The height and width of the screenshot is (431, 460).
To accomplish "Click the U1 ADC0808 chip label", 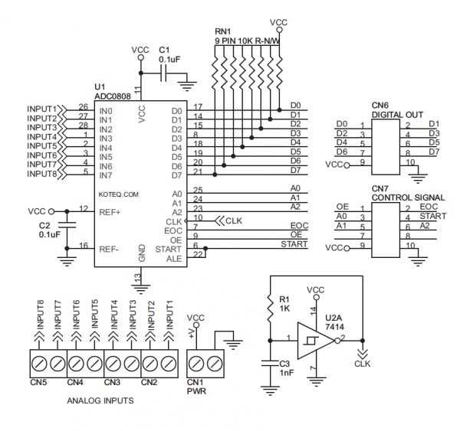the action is click(x=113, y=91).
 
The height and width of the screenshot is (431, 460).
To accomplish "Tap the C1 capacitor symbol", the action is click(x=164, y=73).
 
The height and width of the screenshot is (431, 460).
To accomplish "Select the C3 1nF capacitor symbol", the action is click(x=270, y=364).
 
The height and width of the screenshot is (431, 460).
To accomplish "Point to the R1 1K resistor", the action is click(x=270, y=308).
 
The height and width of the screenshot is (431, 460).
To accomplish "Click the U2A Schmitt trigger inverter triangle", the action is click(x=316, y=341).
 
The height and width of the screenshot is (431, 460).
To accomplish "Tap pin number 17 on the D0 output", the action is click(x=198, y=107).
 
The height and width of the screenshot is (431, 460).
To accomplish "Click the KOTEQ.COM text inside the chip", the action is click(x=119, y=194).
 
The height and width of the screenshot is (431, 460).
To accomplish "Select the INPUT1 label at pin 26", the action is click(x=41, y=109).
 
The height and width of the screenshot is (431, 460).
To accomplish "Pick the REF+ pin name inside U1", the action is click(x=110, y=212).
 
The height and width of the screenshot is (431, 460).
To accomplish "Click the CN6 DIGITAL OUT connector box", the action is click(x=386, y=147).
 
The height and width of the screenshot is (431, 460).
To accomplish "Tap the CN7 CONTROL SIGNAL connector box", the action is click(x=386, y=230).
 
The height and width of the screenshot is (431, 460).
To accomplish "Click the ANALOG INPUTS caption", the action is click(x=100, y=400).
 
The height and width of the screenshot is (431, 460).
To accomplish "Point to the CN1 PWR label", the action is click(x=196, y=387).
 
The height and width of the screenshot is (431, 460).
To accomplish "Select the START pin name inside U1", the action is click(x=168, y=250).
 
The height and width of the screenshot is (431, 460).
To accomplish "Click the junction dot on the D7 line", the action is click(x=215, y=175).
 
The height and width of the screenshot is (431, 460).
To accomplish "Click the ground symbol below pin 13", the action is click(x=141, y=289).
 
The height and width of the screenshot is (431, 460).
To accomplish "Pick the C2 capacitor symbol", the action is click(x=67, y=225).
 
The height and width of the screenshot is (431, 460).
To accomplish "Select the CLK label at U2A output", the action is click(x=363, y=364).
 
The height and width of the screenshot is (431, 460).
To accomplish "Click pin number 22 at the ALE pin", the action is click(x=198, y=254).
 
